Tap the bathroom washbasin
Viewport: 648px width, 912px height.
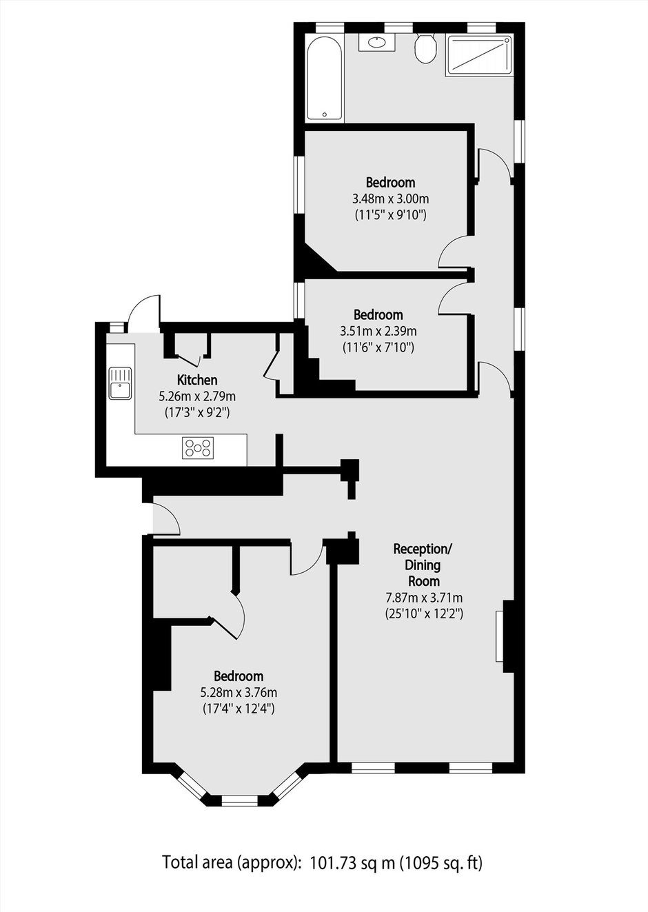point(377,42)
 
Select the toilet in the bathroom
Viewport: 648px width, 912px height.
point(426,48)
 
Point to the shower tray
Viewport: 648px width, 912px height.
point(478,55)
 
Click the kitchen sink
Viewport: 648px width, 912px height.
point(120,383)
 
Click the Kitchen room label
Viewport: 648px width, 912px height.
point(197,380)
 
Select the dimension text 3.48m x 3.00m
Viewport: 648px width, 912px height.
point(390,199)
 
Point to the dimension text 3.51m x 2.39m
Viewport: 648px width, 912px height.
point(378,331)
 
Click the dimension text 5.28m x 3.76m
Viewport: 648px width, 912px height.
point(239,692)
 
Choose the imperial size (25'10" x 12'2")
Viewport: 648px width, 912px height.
point(424,614)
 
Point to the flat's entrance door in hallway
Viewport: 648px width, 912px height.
point(166,518)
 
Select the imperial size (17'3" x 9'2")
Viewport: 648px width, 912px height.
point(197,413)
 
